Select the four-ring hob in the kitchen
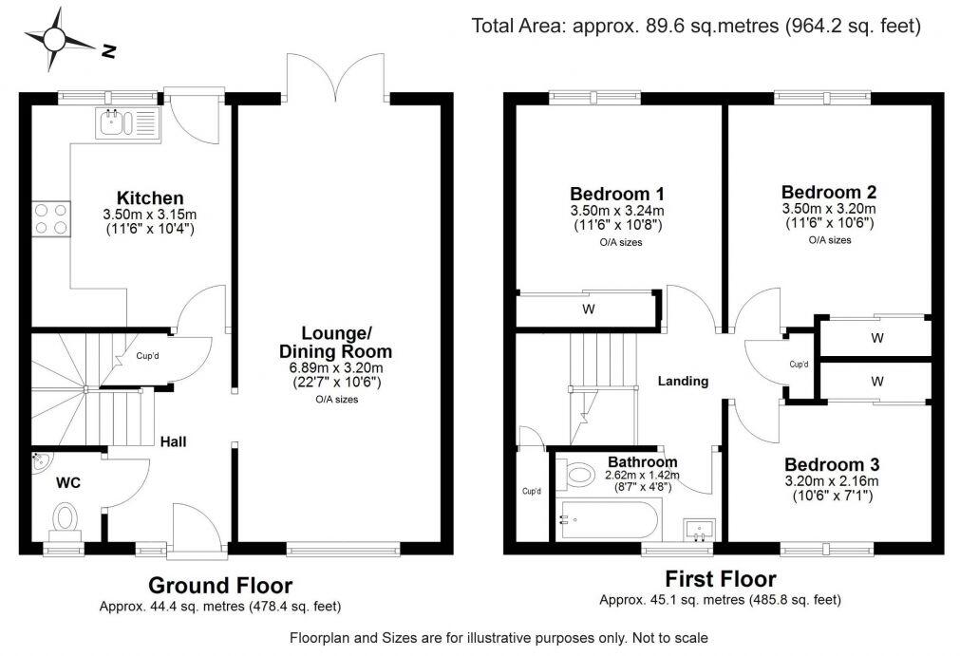tap(51, 219)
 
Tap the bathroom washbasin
tap(701, 528)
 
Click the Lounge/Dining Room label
tap(347, 342)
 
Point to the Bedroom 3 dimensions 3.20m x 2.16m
tap(831, 481)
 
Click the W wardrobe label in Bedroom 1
tap(589, 309)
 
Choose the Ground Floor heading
tap(220, 585)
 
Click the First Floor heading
tap(720, 579)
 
